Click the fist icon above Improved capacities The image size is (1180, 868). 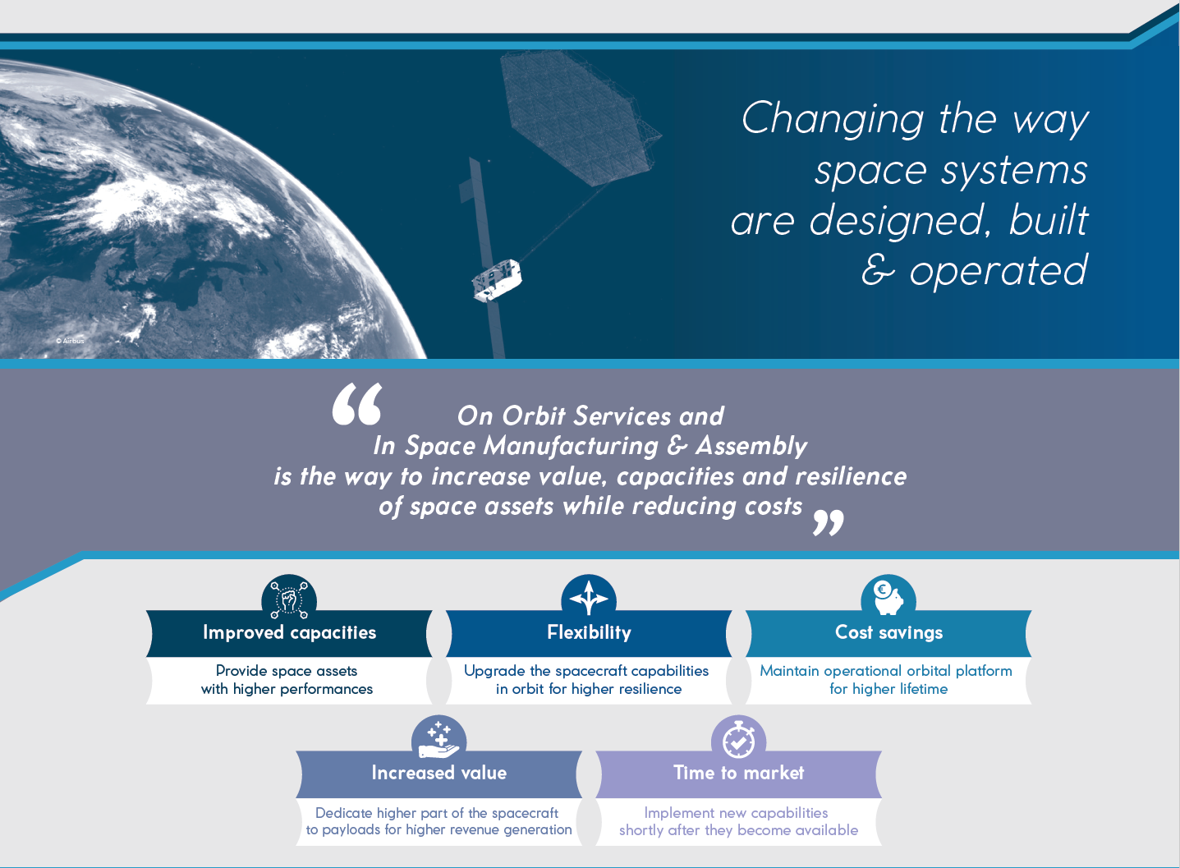(x=289, y=599)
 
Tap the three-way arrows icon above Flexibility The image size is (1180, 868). (x=589, y=597)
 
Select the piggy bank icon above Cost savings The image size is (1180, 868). (x=888, y=598)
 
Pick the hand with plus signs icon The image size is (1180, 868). (x=438, y=741)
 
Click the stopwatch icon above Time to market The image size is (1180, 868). (x=738, y=740)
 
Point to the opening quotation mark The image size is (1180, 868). (x=357, y=404)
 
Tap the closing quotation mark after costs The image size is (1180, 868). (x=828, y=522)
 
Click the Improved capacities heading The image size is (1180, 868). (x=289, y=632)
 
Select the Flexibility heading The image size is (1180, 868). (x=589, y=632)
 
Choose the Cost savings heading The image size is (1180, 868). (x=888, y=632)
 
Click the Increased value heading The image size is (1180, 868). (x=438, y=774)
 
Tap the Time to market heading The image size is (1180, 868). (x=738, y=774)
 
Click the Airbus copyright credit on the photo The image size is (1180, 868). (x=70, y=341)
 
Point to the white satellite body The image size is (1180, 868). (x=497, y=280)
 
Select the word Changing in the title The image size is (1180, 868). (x=833, y=118)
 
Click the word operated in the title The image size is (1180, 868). (x=999, y=270)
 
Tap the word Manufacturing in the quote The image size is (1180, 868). (x=571, y=447)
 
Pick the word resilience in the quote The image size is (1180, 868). (x=851, y=476)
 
